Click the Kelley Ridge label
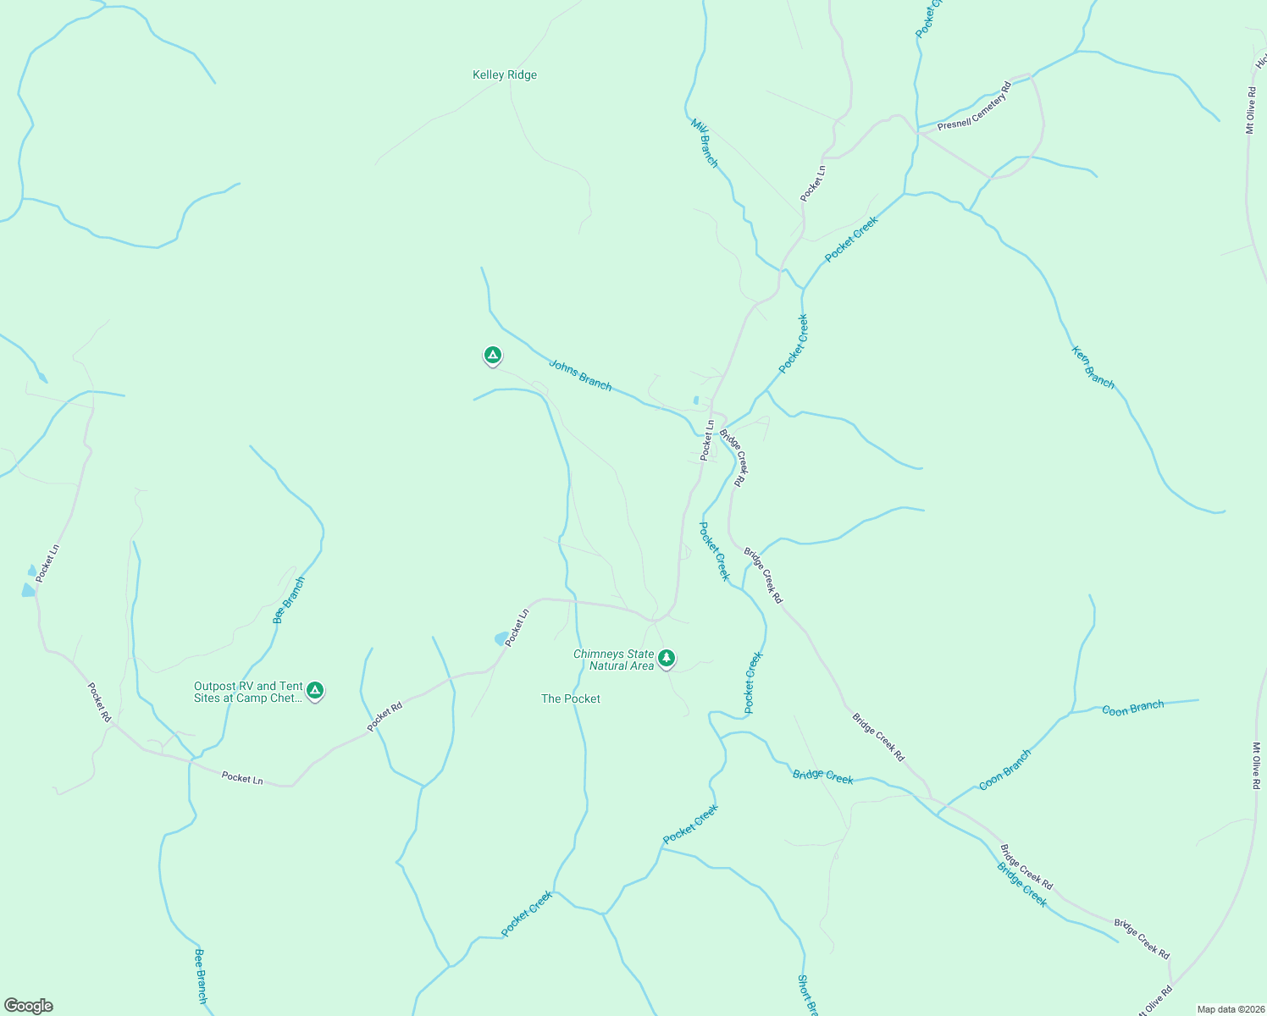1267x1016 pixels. coord(505,75)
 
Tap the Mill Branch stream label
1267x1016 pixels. coord(704,143)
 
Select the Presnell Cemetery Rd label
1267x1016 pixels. coord(974,107)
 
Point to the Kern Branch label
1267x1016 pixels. coord(1093,367)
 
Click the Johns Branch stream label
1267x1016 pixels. coord(580,375)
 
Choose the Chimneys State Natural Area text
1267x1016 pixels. coord(615,660)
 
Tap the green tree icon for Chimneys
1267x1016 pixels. coord(667,658)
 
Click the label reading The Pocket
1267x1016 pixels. coord(571,699)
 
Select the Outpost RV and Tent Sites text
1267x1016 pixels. coord(248,693)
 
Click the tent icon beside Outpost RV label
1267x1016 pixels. coord(315,691)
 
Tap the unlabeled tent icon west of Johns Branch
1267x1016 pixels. coord(493,355)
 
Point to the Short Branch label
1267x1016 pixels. coord(807,996)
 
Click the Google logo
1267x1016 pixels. coord(29,1006)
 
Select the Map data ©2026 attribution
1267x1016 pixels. coord(1230,1009)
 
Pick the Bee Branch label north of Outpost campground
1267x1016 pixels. coord(289,599)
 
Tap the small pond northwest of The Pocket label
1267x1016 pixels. coord(501,638)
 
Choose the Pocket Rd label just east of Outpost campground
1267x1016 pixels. coord(385,716)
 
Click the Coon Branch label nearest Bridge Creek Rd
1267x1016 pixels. coord(1004,770)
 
